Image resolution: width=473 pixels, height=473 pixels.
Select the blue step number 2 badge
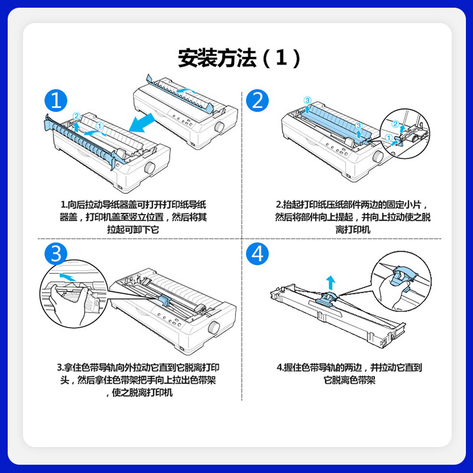tap(257, 101)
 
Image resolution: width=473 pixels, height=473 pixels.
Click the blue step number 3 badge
tap(56, 254)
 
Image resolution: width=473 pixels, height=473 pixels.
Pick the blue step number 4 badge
tap(257, 254)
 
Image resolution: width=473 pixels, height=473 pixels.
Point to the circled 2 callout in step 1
tap(76, 115)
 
